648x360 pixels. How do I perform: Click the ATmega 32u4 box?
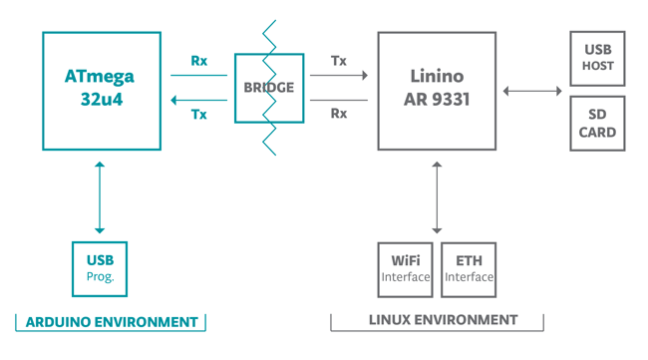pos(101,91)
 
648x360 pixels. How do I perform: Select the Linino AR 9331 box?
pos(437,91)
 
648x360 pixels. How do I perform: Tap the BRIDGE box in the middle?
pos(269,88)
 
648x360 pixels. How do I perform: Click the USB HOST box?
pos(597,58)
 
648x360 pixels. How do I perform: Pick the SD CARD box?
pos(597,124)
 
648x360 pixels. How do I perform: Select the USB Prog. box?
pos(100,268)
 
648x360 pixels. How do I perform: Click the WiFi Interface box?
pos(405,269)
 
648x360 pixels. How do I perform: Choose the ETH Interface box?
pos(469,269)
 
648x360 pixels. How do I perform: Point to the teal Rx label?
pos(199,61)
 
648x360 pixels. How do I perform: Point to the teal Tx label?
pos(199,115)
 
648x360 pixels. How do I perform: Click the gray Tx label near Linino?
pos(339,61)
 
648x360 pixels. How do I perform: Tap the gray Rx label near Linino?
pos(339,114)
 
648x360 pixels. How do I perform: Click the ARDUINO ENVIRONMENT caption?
pos(111,322)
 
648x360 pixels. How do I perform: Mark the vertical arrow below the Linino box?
pos(437,196)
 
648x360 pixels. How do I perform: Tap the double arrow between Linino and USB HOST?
pos(532,92)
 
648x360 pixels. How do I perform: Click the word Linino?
pos(437,77)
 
